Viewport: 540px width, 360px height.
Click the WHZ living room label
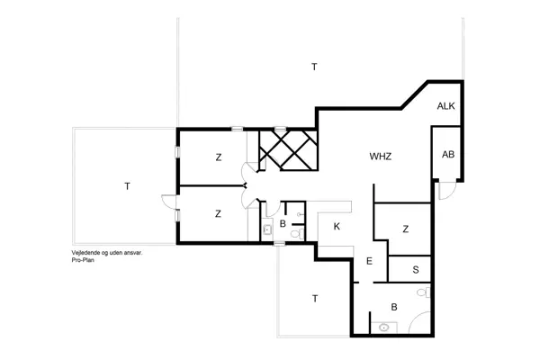point(381,157)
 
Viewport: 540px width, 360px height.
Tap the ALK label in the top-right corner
point(446,106)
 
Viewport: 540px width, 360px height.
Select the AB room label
point(447,154)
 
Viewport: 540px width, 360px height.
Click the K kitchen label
point(336,226)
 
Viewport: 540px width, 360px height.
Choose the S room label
point(416,269)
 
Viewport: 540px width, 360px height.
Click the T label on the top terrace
point(314,67)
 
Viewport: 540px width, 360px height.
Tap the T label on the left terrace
point(128,186)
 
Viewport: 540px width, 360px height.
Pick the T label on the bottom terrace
point(314,297)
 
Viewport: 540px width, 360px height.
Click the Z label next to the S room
point(406,229)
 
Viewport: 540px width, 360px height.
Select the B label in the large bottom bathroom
point(394,307)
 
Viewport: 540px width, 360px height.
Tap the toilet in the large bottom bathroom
point(423,293)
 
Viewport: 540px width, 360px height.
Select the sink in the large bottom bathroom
point(384,328)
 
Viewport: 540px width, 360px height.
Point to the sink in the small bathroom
point(267,230)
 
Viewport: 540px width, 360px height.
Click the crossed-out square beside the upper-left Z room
point(288,148)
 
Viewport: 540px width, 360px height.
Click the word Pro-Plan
point(83,260)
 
